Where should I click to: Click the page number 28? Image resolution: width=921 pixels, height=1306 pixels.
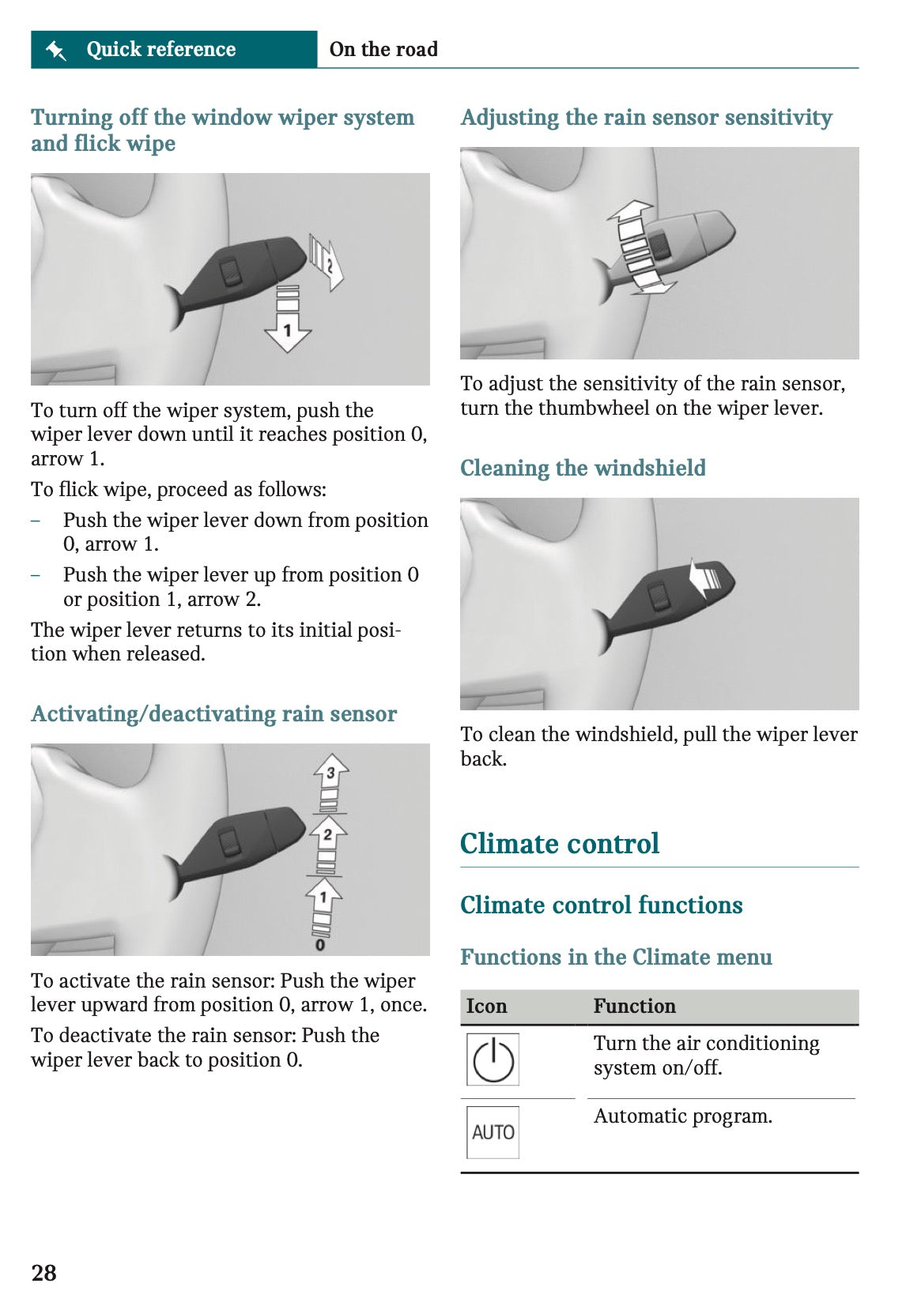(x=43, y=1272)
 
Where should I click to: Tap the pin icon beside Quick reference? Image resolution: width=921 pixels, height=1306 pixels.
(x=56, y=50)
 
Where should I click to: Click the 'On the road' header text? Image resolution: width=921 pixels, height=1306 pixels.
(x=383, y=49)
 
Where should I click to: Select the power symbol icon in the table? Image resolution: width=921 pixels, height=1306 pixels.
(x=493, y=1059)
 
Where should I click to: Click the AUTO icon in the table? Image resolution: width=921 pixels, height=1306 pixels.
(x=493, y=1132)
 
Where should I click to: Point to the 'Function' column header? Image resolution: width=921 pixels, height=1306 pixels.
(x=635, y=1006)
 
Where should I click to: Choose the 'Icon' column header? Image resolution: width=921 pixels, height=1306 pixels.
(x=486, y=1006)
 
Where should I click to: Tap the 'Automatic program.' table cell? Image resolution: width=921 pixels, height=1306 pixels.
(x=682, y=1116)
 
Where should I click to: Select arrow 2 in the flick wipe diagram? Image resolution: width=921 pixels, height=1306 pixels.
(x=327, y=262)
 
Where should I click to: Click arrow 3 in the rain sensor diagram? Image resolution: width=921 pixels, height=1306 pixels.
(x=330, y=782)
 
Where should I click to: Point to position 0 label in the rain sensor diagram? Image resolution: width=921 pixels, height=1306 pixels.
(x=319, y=945)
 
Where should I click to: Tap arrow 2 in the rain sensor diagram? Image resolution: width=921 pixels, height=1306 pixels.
(x=328, y=845)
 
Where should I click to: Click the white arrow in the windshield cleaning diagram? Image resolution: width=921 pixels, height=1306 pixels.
(x=705, y=578)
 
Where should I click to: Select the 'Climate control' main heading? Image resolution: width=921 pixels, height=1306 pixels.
(x=560, y=843)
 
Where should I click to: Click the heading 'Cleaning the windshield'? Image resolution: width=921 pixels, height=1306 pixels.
(x=583, y=468)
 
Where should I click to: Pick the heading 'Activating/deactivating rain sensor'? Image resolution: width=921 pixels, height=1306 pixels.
(x=214, y=713)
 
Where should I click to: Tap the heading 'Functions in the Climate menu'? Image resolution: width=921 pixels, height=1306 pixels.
(x=616, y=957)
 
